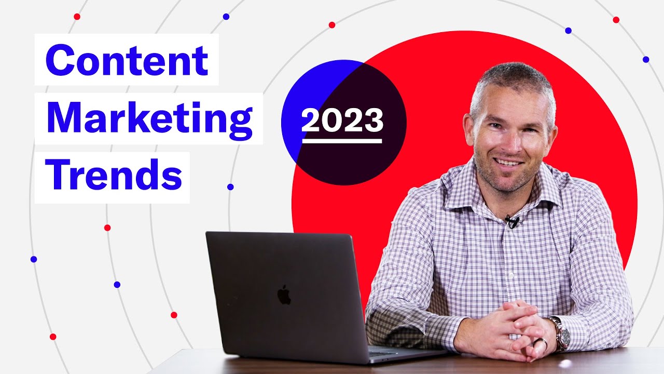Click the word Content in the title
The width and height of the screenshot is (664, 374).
tap(127, 60)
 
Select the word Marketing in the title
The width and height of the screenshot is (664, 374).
tap(149, 119)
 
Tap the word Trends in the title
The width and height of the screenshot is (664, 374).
tap(114, 177)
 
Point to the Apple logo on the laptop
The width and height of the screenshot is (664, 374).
tap(284, 295)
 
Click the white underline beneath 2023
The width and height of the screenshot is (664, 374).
tap(342, 140)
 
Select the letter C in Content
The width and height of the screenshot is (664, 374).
tap(59, 60)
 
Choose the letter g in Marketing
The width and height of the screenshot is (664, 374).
tap(240, 123)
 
